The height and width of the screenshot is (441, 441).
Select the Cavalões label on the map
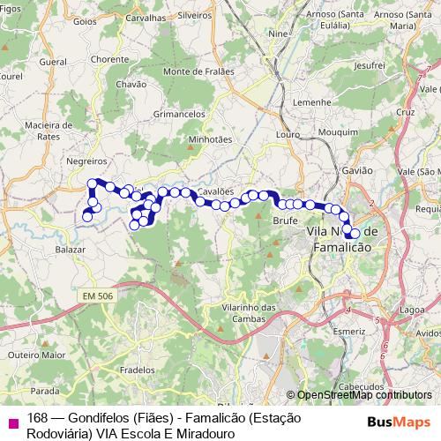215,191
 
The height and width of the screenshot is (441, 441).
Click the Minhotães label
210,138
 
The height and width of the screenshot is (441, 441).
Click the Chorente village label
109,59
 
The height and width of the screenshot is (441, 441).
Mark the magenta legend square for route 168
13,423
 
